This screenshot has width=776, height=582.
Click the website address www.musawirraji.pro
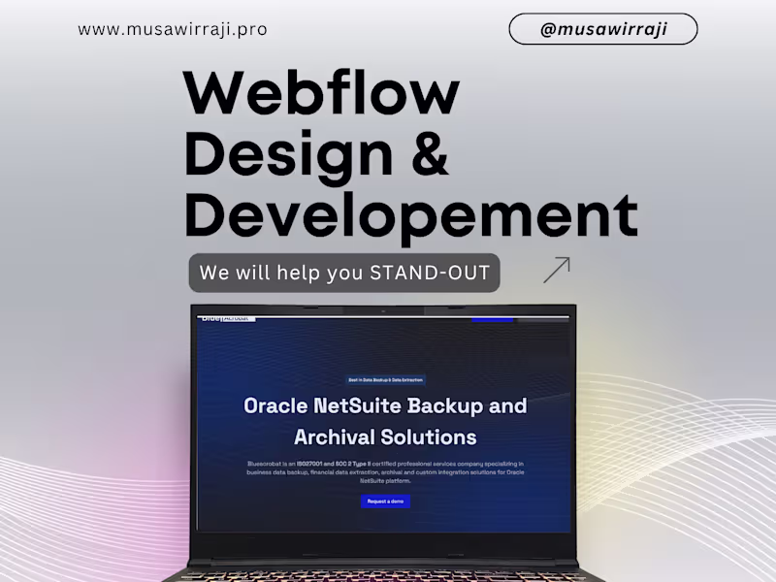click(x=173, y=29)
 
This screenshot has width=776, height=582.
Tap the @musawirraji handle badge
click(x=602, y=29)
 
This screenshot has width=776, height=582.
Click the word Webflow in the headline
click(x=321, y=95)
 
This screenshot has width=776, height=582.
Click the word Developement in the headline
click(x=411, y=215)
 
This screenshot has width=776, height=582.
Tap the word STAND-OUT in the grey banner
click(x=430, y=273)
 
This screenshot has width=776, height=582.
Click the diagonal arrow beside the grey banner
click(x=557, y=270)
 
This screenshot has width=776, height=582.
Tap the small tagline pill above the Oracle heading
click(x=385, y=380)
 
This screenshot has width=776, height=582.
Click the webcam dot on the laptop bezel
click(x=385, y=310)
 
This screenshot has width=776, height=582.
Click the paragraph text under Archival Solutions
click(x=385, y=472)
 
